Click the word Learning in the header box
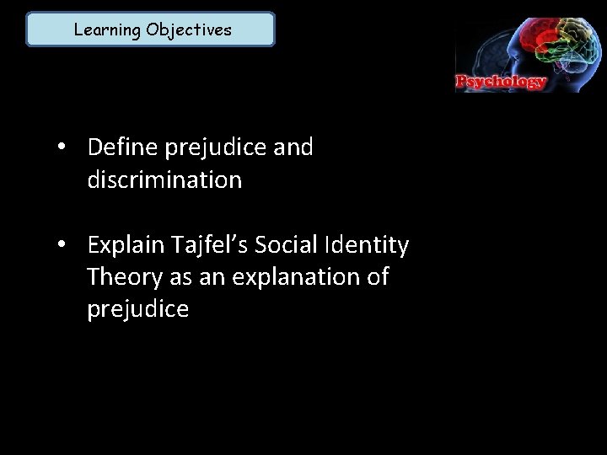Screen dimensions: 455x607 107,30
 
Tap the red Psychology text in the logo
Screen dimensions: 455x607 502,83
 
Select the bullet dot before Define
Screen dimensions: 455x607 63,148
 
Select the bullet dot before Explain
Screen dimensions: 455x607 63,246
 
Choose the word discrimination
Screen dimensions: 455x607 164,180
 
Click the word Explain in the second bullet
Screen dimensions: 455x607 126,246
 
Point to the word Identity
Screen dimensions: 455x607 372,246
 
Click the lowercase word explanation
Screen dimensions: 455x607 289,278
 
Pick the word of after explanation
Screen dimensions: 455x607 377,277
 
